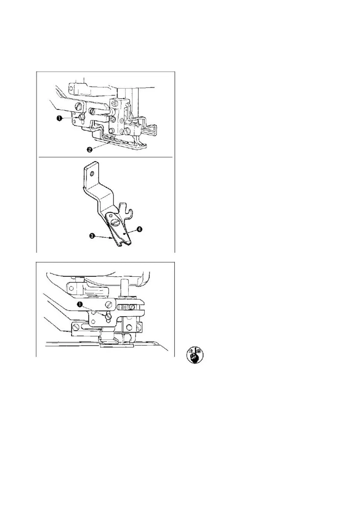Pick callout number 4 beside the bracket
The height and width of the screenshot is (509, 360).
click(139, 229)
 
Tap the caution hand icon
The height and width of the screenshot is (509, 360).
click(195, 356)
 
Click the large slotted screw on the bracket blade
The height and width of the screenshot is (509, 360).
click(115, 222)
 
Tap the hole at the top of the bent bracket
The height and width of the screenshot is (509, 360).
click(92, 173)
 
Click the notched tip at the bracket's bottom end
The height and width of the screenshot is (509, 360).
click(124, 243)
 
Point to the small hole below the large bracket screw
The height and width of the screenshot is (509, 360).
click(112, 216)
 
